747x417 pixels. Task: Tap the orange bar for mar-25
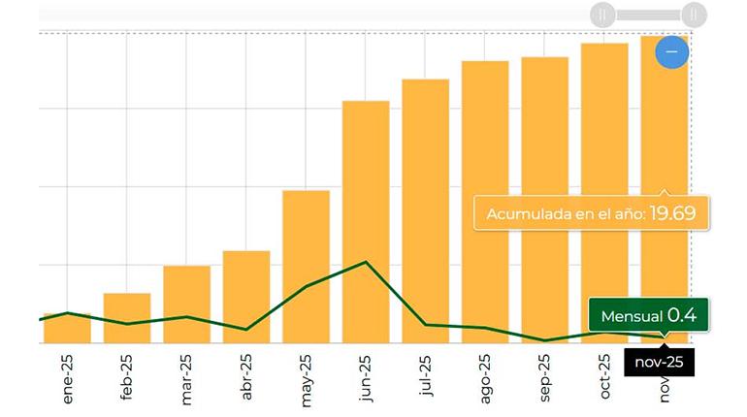[186, 305]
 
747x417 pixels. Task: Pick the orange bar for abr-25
[246, 297]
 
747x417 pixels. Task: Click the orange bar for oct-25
[604, 193]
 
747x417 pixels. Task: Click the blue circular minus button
[671, 51]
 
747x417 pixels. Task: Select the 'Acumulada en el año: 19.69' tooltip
[591, 212]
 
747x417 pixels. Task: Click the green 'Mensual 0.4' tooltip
[648, 316]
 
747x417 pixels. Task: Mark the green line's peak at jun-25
[366, 262]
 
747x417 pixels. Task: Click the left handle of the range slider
[602, 15]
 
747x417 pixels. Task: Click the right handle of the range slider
[693, 15]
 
